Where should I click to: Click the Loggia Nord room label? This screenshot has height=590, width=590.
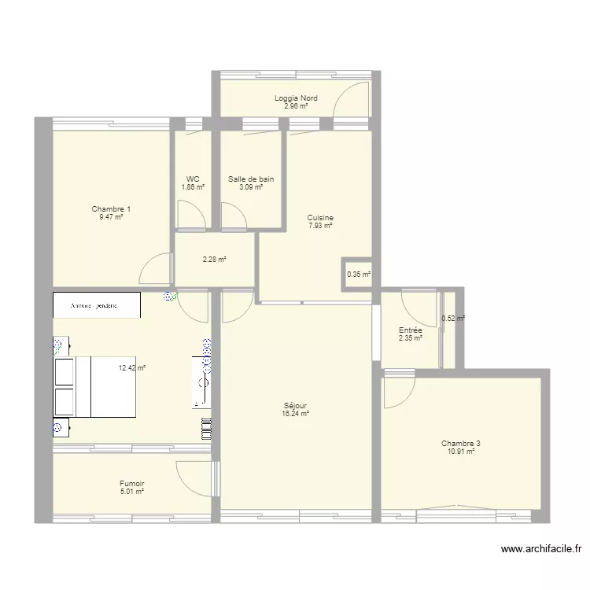point(296,98)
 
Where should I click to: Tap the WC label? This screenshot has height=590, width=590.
point(193,179)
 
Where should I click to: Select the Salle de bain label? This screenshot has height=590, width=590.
point(251,179)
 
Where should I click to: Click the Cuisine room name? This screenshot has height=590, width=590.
point(320,218)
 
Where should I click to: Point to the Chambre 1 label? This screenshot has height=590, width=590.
point(111,209)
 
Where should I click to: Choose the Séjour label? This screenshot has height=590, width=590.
point(296,406)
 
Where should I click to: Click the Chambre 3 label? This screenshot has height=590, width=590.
point(461,444)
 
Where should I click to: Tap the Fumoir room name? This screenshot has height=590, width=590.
point(131,484)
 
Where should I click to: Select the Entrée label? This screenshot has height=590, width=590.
point(411,330)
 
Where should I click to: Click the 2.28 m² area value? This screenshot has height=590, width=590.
point(214,260)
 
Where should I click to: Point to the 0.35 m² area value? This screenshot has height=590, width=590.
point(359,275)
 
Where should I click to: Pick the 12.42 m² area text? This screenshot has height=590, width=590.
point(132,367)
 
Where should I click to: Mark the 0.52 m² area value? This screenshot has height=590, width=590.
point(453,319)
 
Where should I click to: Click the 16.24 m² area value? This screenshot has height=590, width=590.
point(296,414)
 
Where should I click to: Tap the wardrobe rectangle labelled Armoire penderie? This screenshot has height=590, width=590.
point(96,305)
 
